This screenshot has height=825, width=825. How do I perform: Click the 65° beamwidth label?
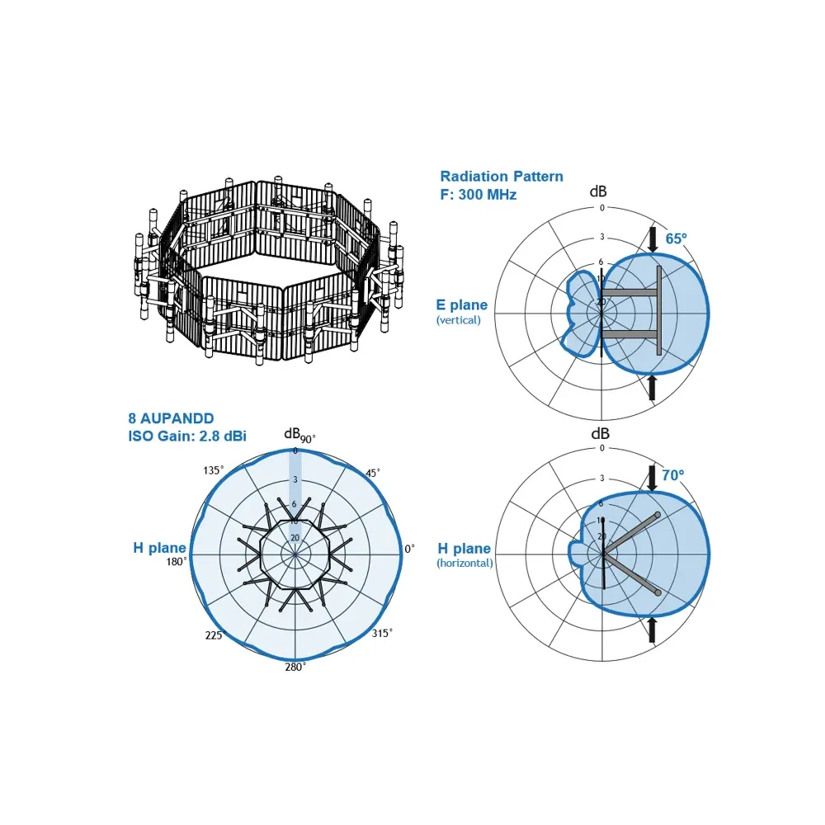tap(676, 239)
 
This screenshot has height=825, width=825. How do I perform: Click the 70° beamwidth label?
tap(673, 475)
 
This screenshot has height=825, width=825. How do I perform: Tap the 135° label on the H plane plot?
tap(214, 470)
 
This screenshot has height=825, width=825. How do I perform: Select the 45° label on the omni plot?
tap(373, 473)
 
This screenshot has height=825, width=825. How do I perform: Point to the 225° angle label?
tap(215, 635)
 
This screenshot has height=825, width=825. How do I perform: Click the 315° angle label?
tap(382, 633)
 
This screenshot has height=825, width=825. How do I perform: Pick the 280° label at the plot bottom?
tap(295, 667)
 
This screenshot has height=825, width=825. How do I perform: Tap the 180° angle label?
tap(177, 561)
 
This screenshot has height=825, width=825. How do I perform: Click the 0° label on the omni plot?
tap(409, 549)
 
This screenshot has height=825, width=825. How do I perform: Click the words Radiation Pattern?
tap(502, 177)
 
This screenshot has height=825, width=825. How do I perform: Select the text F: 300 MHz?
tap(478, 195)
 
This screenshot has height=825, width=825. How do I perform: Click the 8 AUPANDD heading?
tap(171, 418)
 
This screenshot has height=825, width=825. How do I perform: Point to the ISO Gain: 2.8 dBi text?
tap(187, 436)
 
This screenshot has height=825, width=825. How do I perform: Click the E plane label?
tap(461, 304)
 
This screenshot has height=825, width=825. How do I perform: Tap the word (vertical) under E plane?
tap(458, 320)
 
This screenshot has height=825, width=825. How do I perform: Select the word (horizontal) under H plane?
tap(464, 563)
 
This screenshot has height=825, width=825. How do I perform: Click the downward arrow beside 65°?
tap(653, 239)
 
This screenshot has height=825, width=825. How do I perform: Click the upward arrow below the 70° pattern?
tap(652, 629)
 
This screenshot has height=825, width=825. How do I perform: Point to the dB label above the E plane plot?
tap(598, 191)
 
